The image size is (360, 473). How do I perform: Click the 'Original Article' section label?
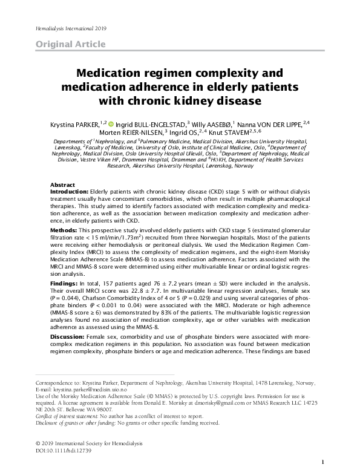pos(71,44)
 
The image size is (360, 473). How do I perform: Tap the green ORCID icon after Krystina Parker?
pos(111,123)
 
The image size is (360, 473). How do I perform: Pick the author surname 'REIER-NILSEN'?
pos(136,132)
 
